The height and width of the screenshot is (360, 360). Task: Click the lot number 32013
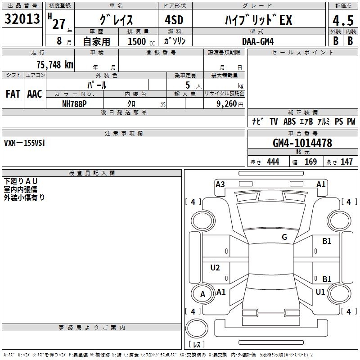click(x=22, y=19)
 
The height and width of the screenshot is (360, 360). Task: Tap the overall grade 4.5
click(x=343, y=20)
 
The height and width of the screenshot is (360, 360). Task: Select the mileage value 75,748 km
click(x=55, y=64)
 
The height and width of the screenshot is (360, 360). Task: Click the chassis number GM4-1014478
click(x=302, y=143)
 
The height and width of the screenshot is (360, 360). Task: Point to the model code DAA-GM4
click(x=258, y=41)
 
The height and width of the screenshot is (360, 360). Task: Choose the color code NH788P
click(x=74, y=104)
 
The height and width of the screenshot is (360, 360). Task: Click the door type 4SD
click(x=174, y=20)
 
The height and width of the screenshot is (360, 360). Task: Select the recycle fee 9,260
click(x=227, y=104)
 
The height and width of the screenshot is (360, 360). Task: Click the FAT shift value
click(x=13, y=94)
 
